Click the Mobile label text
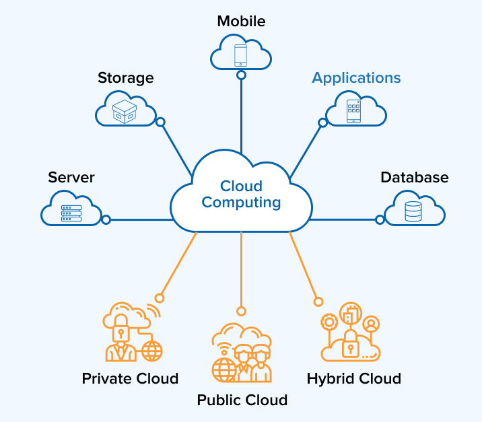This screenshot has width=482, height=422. tap(241, 22)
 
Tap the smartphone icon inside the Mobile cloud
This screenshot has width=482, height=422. tap(241, 55)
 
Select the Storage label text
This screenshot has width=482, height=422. tap(126, 78)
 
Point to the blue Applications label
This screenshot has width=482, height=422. tap(356, 78)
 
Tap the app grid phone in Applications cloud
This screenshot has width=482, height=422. tap(354, 111)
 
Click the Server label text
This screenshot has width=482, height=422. tap(71, 178)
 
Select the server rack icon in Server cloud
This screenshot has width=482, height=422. tap(71, 213)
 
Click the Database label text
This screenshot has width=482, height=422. tap(414, 178)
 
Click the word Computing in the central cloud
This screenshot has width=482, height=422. tap(241, 202)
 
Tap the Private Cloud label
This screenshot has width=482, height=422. tap(130, 378)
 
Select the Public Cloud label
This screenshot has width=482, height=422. tap(242, 400)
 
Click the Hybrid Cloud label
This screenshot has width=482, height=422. tap(353, 378)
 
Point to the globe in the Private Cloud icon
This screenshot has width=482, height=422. tap(152, 351)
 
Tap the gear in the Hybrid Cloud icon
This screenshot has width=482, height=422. tap(329, 322)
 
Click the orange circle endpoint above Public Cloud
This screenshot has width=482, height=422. tap(241, 311)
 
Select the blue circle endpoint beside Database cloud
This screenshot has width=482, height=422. tap(380, 219)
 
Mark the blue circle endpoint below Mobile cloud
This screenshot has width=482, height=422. tap(241, 75)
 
